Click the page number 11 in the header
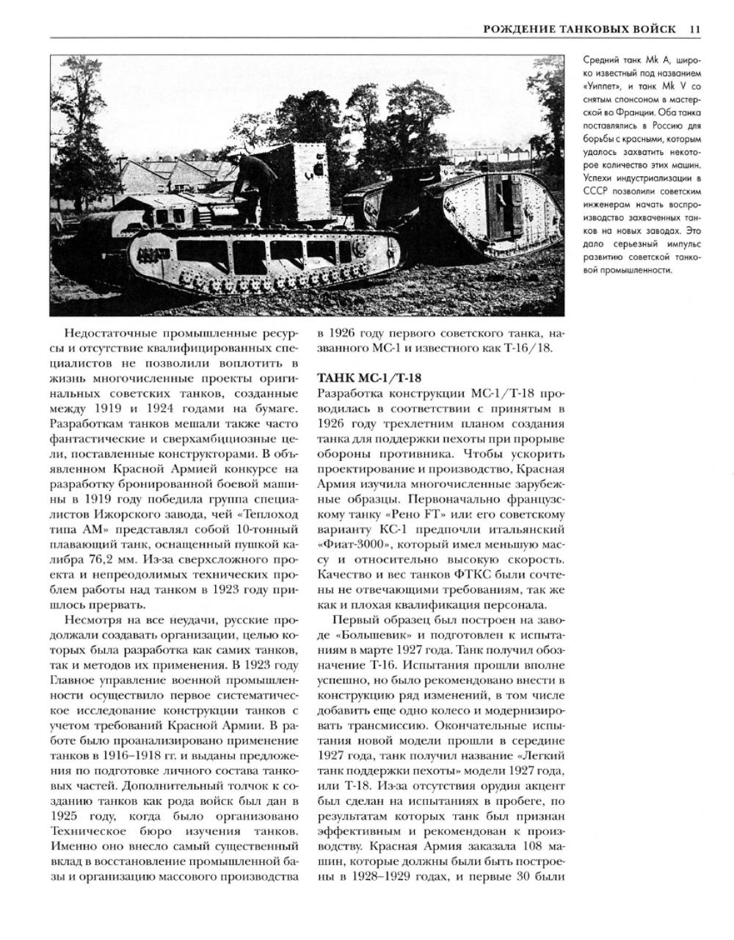coord(695,29)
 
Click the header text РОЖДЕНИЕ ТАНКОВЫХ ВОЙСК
coord(581,29)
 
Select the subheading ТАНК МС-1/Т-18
coord(369,378)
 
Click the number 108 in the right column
coord(527,847)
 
